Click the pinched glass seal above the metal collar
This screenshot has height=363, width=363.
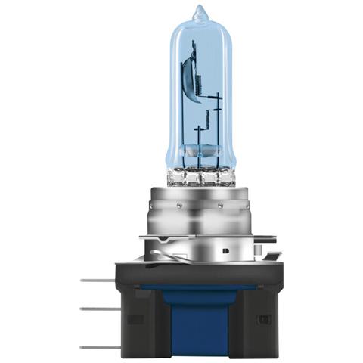200,176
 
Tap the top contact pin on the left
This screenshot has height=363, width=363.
97,280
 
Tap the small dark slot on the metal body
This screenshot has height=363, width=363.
225,248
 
